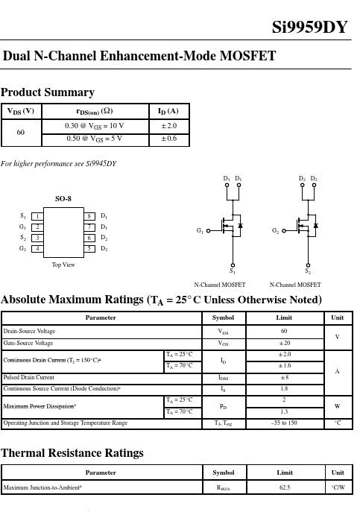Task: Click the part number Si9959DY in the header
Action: point(310,27)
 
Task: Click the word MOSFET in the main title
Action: point(247,56)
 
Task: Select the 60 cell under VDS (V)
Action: point(21,132)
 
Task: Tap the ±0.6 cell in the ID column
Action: point(169,139)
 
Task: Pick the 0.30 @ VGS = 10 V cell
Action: point(95,126)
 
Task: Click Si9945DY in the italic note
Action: point(101,164)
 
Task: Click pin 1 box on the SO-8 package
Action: point(37,216)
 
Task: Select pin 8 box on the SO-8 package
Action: point(89,216)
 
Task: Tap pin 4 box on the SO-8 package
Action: point(37,248)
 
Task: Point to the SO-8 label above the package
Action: point(63,198)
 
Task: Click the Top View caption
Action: point(63,265)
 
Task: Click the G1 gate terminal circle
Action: point(208,231)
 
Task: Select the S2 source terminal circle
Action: point(308,265)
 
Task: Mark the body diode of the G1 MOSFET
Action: point(241,225)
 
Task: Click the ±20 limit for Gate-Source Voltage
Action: point(285,343)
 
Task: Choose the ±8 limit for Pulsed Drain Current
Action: point(285,377)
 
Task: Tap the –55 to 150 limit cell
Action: point(284,423)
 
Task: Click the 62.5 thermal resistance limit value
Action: point(285,487)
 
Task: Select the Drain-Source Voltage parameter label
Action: point(29,331)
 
